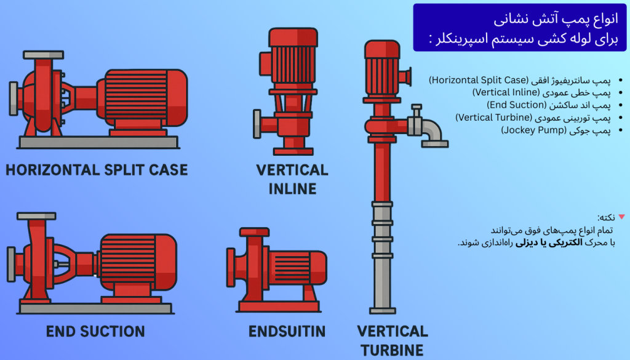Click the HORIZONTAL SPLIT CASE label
pos(97,169)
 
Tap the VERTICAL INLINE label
pos(292,179)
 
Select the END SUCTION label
pos(95,332)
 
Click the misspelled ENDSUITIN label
pos(287,332)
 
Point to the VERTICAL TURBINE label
pos(393,341)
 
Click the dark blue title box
pos(520,27)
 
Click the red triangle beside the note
pos(621,217)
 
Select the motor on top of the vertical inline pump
pos(292,62)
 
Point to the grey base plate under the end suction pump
pos(95,308)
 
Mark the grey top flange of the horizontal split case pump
pos(43,55)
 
